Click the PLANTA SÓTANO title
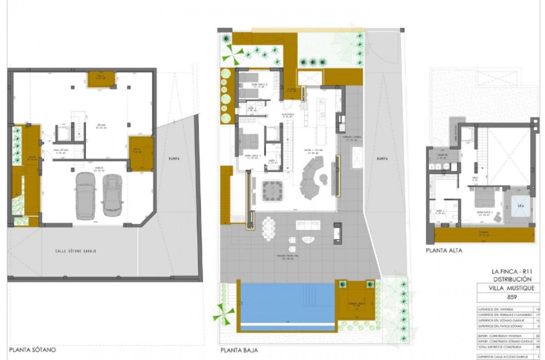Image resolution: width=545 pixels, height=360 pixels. click(x=32, y=350)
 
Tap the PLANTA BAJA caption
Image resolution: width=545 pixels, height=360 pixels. click(x=239, y=350)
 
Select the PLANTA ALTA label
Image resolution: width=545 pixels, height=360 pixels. click(x=444, y=250)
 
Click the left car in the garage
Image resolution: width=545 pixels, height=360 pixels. click(x=85, y=195)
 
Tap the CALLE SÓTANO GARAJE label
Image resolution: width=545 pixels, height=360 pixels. click(x=75, y=251)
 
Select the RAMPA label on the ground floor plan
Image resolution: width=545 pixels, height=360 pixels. click(x=382, y=159)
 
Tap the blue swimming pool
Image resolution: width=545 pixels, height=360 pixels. click(x=286, y=302)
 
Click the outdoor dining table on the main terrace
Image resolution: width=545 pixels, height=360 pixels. click(x=269, y=229)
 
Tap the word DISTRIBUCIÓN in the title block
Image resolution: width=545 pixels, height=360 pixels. click(x=512, y=279)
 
